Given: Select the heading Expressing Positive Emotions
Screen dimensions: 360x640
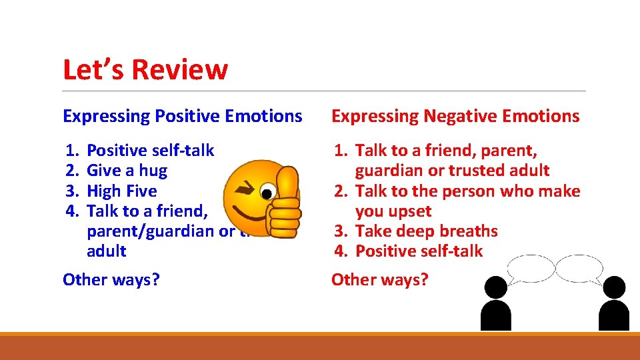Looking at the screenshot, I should click(182, 116).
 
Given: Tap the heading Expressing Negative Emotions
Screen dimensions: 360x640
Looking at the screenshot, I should click(455, 116).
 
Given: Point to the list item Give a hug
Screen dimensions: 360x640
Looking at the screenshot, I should click(127, 171).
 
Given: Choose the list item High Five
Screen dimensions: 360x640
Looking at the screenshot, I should click(122, 191).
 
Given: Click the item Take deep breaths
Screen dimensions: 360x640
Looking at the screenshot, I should click(426, 231).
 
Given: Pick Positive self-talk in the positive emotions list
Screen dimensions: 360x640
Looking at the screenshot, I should click(151, 151).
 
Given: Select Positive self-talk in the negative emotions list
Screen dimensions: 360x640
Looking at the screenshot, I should click(419, 251).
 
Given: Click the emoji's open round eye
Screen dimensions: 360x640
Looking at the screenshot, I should click(267, 194).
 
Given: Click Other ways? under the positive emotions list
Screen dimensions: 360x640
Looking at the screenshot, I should click(111, 279).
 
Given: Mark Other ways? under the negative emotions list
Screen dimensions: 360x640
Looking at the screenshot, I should click(380, 279).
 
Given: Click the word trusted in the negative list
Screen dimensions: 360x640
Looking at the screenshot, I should click(477, 171).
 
